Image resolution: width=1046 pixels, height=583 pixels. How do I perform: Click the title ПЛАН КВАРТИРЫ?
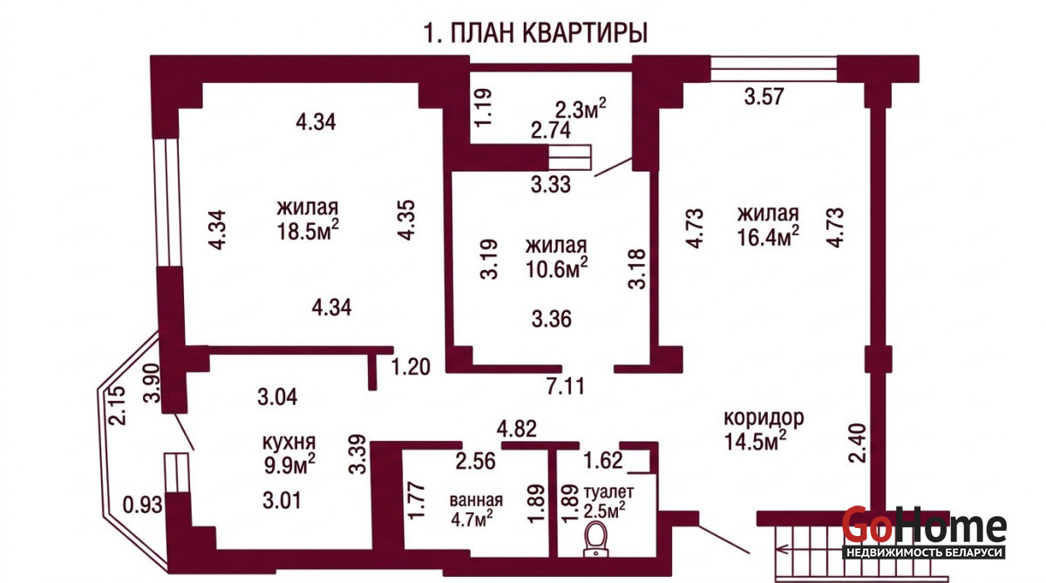(x=549, y=32)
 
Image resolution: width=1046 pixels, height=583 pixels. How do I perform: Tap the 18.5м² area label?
(x=308, y=230)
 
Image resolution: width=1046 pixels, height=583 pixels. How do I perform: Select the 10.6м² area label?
(x=556, y=268)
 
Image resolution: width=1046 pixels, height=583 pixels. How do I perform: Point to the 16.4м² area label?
(x=768, y=235)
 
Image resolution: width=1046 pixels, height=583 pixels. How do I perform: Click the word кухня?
(x=289, y=442)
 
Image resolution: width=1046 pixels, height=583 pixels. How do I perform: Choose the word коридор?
(x=764, y=418)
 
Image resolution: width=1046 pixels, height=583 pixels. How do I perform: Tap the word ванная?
(x=476, y=500)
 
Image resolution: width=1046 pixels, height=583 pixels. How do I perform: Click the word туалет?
(x=609, y=492)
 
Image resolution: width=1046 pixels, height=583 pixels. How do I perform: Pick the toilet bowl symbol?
(x=596, y=539)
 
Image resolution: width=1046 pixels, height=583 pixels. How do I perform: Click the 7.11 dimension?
(x=566, y=387)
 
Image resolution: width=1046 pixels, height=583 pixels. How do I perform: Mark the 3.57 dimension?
(x=764, y=97)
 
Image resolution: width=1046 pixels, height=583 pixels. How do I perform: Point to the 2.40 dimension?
(x=858, y=443)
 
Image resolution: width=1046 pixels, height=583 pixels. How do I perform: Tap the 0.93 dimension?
(x=142, y=505)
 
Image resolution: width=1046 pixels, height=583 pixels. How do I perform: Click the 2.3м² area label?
(x=581, y=109)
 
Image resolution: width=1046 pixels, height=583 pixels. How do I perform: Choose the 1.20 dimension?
(x=411, y=367)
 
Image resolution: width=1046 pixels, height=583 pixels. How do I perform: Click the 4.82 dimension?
(x=516, y=429)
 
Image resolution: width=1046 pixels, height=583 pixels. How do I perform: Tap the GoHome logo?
(x=925, y=532)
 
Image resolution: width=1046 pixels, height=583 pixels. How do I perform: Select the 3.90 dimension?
(x=153, y=383)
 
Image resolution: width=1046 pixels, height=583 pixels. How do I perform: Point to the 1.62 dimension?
(x=603, y=461)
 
